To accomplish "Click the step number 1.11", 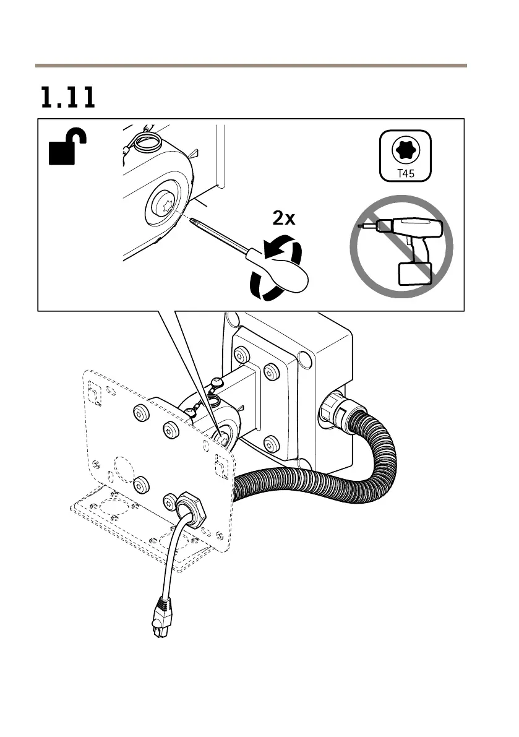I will coord(68,98).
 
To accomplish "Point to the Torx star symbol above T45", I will coord(405,150).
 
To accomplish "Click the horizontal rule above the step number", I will coord(251,65).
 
